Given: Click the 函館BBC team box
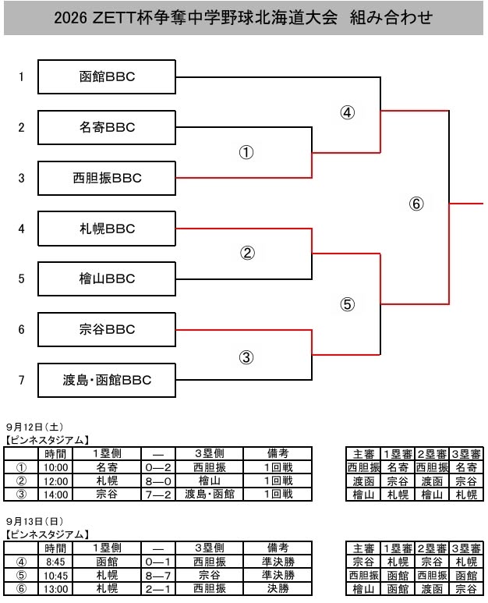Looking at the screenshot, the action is tap(107, 77).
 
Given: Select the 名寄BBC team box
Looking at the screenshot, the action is tap(107, 127).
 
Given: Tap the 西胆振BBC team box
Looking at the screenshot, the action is tap(107, 178).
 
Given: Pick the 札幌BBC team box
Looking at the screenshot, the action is tap(107, 229).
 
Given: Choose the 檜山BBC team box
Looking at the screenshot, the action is tap(107, 278).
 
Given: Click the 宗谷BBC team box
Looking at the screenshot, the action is tap(107, 329).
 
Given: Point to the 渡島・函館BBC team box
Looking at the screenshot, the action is tap(107, 381).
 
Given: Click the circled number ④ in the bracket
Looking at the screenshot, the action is tap(348, 112).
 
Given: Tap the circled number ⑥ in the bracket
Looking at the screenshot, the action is tap(416, 204).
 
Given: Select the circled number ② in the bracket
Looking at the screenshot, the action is tap(247, 253).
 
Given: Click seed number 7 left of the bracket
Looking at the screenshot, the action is tap(22, 381).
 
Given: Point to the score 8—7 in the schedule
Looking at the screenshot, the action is tap(158, 576).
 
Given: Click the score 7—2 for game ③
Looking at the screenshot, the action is tap(158, 494).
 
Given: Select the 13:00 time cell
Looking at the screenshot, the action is tap(55, 589).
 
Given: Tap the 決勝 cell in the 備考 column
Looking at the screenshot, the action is tap(278, 589).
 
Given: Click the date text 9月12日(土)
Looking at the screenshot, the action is tap(34, 427).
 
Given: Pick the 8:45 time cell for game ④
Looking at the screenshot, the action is tap(55, 562).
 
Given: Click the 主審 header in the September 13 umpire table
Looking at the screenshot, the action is tap(363, 548).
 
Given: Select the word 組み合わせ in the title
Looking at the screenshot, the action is tap(391, 18).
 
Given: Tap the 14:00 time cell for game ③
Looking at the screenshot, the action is tap(55, 494).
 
